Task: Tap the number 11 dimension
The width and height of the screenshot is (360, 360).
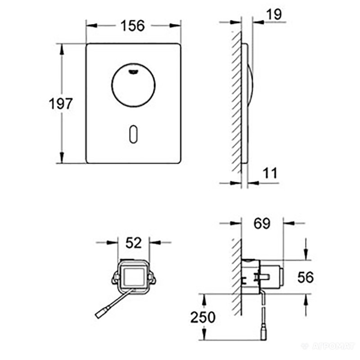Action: [x=270, y=172]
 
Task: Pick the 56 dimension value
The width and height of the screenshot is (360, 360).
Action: [x=306, y=277]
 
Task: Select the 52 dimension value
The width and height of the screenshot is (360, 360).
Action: [x=134, y=243]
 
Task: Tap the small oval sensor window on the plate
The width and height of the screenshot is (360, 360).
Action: [x=134, y=133]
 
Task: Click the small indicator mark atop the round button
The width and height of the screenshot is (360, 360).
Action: [x=134, y=70]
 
